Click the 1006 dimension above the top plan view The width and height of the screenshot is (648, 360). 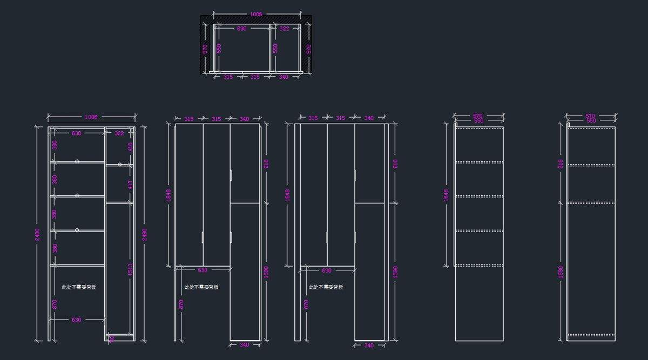[256, 15]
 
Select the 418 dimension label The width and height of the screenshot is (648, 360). [130, 146]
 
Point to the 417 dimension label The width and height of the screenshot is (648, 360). [130, 185]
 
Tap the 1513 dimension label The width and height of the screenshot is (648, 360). [130, 269]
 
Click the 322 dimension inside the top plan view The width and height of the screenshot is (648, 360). [284, 29]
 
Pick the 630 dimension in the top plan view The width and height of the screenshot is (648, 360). [241, 29]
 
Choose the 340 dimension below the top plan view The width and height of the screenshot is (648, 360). [283, 77]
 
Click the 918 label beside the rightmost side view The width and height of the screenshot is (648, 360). [561, 164]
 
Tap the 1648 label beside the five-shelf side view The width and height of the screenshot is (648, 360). [447, 195]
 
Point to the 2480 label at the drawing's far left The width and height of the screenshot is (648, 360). [37, 235]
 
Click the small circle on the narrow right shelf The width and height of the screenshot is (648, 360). [119, 165]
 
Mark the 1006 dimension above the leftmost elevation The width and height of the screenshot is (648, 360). [91, 117]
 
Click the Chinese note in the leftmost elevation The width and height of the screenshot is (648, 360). [79, 287]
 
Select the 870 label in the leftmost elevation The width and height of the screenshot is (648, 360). [55, 304]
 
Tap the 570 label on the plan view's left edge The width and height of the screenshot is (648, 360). [205, 49]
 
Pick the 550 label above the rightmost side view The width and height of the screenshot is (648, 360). [591, 121]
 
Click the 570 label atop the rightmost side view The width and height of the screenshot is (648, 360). [591, 116]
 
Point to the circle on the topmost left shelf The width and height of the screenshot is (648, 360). [77, 161]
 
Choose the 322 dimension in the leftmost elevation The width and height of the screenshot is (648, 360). [119, 133]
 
